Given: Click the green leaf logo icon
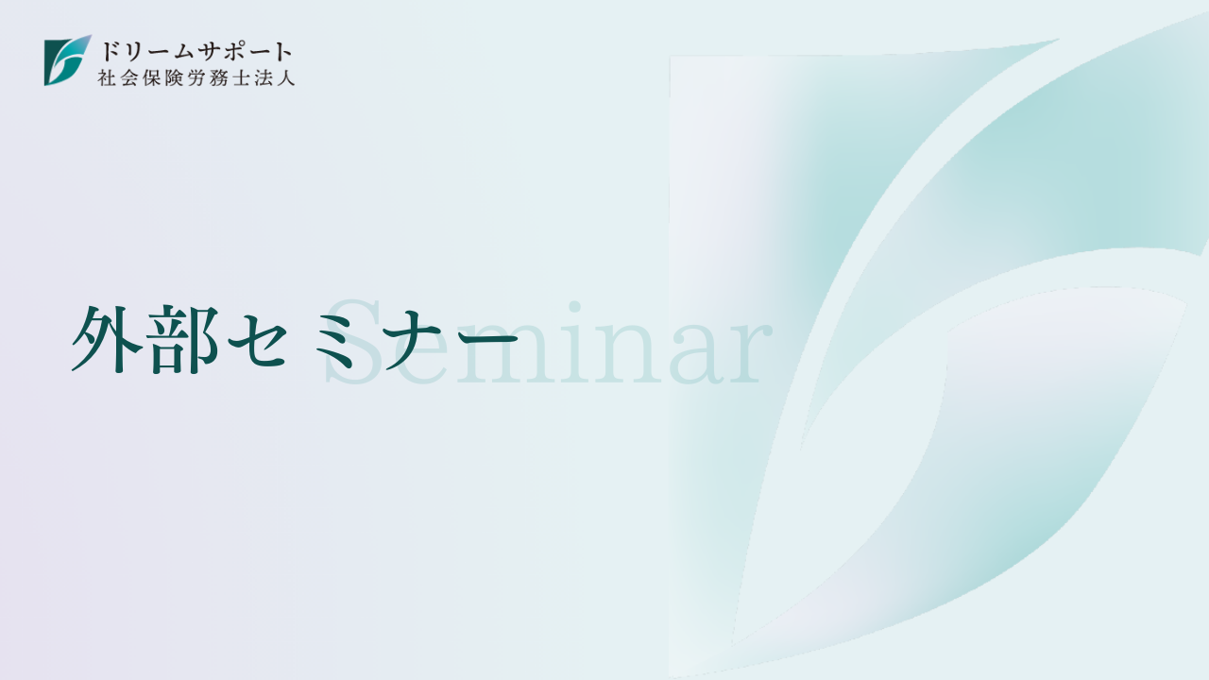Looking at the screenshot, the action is [67, 60].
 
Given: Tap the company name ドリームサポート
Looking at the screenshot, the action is [196, 52].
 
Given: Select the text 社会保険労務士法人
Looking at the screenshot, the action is [196, 77].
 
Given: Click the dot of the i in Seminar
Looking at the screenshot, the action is [573, 308].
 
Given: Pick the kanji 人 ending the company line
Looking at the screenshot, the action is [285, 77].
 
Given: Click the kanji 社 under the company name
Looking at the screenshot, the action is [107, 77].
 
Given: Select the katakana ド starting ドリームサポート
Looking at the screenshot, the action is [111, 52].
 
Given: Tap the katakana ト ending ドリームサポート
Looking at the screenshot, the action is [282, 52].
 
